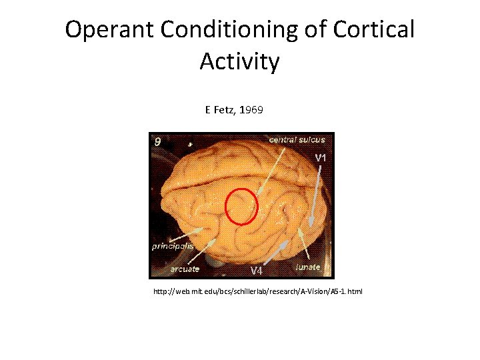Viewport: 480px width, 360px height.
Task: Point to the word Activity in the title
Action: point(239,62)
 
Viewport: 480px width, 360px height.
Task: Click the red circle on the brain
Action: point(241,206)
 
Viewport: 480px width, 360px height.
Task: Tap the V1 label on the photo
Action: point(320,158)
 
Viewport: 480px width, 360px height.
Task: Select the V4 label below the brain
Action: point(257,270)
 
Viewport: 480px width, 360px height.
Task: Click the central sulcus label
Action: point(297,139)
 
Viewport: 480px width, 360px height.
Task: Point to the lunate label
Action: point(307,267)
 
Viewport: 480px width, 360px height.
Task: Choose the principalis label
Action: point(172,246)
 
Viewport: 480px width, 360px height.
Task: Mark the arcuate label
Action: point(183,269)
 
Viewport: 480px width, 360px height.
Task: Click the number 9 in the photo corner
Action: point(157,141)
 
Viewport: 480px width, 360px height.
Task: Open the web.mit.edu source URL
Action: point(258,292)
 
